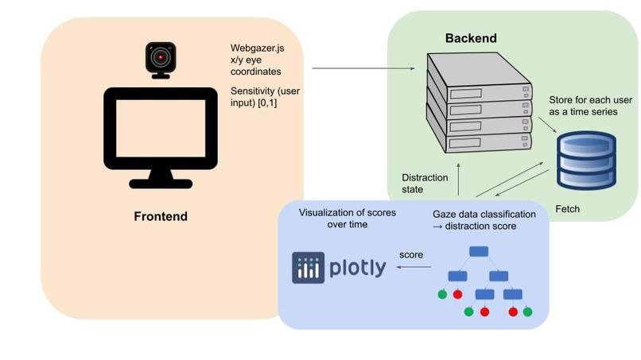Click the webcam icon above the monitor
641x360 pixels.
point(160,60)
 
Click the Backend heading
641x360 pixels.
point(471,38)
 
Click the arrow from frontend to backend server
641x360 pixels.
point(367,69)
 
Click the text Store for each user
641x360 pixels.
point(589,100)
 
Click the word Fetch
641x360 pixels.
point(567,209)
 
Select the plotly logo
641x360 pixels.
point(339,267)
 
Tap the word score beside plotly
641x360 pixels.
point(410,255)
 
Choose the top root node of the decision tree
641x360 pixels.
point(478,251)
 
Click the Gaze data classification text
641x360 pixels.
point(484,215)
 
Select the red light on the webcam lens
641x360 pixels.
point(161,58)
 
